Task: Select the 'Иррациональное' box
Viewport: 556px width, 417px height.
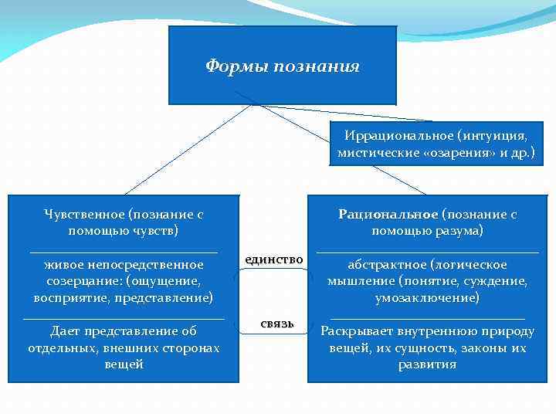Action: click(436, 144)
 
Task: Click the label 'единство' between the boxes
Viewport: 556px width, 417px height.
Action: click(274, 259)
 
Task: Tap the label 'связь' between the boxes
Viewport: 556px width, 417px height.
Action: click(277, 323)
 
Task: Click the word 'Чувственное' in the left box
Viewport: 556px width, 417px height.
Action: click(86, 214)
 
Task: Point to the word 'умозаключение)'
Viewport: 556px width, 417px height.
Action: click(427, 297)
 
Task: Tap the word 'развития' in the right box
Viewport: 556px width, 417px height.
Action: click(427, 364)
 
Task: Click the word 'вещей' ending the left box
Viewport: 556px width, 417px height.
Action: click(124, 364)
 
